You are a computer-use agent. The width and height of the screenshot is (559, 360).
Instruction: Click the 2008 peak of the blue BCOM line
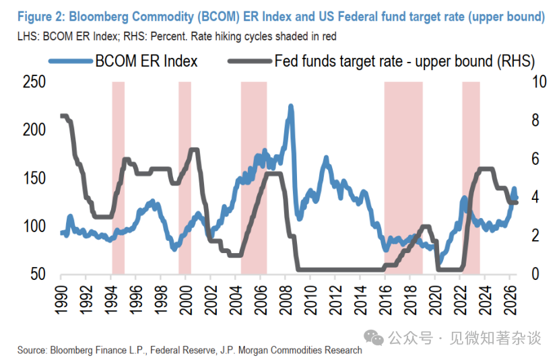click(291, 106)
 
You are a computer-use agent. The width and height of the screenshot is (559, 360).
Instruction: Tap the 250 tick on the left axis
click(34, 82)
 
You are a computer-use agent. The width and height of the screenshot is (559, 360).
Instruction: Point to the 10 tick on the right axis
click(539, 82)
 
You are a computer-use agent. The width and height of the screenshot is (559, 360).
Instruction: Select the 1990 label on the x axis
click(61, 300)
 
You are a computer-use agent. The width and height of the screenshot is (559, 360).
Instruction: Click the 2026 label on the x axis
click(510, 300)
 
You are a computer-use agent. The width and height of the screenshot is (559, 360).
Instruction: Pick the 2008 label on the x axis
click(286, 300)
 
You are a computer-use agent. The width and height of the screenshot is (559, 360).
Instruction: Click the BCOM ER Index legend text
click(146, 61)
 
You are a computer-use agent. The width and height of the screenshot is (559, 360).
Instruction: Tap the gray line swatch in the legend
click(250, 61)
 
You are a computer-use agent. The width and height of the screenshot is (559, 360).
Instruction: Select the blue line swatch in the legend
click(71, 61)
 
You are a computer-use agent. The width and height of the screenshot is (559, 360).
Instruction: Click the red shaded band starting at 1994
click(119, 178)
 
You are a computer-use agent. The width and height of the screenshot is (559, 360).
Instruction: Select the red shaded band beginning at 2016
click(403, 178)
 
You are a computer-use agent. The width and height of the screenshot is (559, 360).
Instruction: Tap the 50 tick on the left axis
click(38, 274)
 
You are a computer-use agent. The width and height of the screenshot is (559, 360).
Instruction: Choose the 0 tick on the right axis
click(535, 274)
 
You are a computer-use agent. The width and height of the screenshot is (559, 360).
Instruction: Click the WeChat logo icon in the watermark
click(373, 337)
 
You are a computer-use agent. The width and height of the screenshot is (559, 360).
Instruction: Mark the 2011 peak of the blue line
click(326, 158)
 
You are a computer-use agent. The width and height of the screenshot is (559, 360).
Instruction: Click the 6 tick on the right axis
click(535, 159)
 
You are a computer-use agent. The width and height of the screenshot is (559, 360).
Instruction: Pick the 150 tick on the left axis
click(34, 178)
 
